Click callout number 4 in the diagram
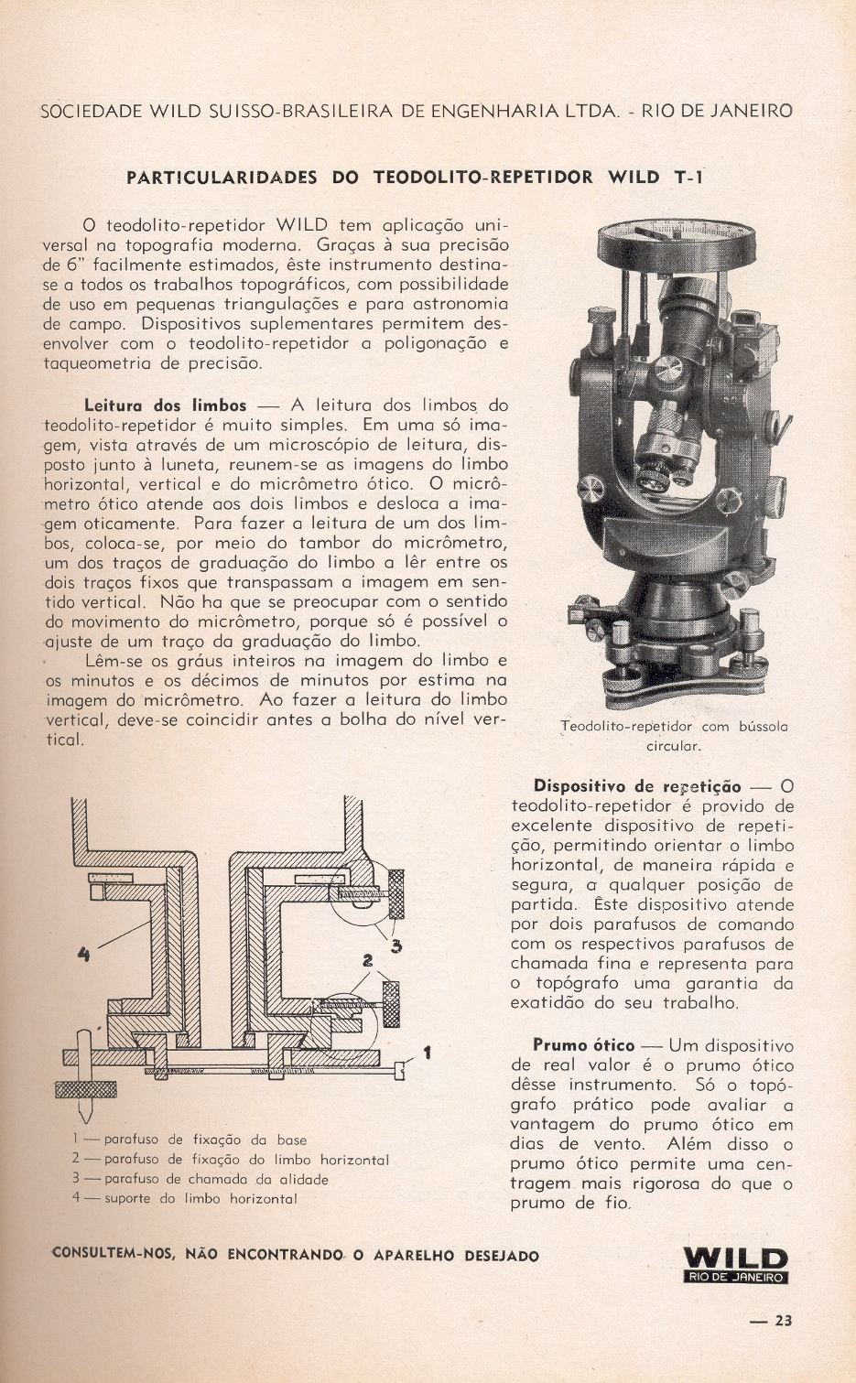(83, 954)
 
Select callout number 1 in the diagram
(427, 1053)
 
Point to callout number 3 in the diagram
(396, 945)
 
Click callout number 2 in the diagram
(368, 960)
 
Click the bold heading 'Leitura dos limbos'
(165, 405)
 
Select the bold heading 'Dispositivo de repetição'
(636, 786)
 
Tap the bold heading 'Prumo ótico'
(583, 1045)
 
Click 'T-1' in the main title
(688, 178)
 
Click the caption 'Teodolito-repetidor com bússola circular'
(674, 735)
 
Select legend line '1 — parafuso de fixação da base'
(190, 1140)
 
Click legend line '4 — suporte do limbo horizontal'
(185, 1198)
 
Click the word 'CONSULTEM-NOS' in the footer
(113, 1255)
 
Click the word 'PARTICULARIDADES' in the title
(221, 178)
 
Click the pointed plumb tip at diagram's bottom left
(84, 1116)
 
